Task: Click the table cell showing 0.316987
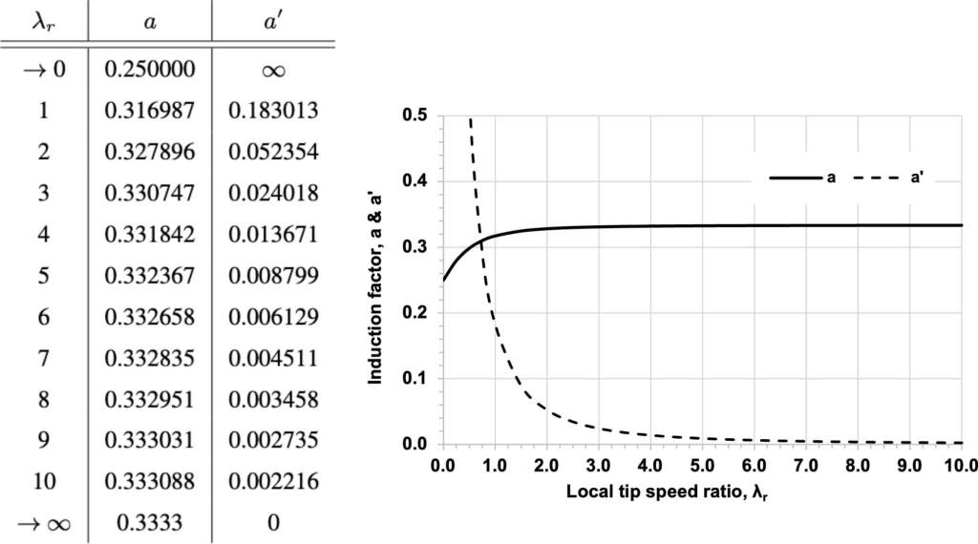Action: point(150,111)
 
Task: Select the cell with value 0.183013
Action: point(273,111)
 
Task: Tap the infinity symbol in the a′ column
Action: point(273,70)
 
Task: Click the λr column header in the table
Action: point(44,20)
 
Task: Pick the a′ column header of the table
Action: point(273,20)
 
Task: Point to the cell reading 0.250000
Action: point(150,70)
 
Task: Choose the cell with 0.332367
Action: point(150,277)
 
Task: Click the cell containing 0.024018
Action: point(273,194)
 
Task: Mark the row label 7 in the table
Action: point(44,359)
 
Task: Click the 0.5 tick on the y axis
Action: point(418,116)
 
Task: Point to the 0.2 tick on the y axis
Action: point(418,313)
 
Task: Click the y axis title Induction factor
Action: point(376,281)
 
